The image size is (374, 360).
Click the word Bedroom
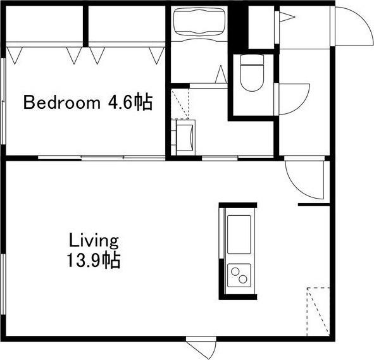pyautogui.click(x=62, y=102)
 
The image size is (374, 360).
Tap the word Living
pyautogui.click(x=94, y=241)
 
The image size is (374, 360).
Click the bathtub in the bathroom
pyautogui.click(x=199, y=22)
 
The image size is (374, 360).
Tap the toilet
pyautogui.click(x=252, y=73)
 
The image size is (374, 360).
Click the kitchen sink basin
pyautogui.click(x=239, y=234)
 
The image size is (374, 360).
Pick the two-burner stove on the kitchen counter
pyautogui.click(x=239, y=275)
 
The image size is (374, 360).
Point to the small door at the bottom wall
pyautogui.click(x=201, y=347)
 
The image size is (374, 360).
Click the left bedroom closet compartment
pyautogui.click(x=44, y=23)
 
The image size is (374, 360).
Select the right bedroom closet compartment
pyautogui.click(x=127, y=23)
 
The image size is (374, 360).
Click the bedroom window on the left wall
pyautogui.click(x=3, y=101)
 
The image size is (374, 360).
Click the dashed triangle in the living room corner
pyautogui.click(x=318, y=312)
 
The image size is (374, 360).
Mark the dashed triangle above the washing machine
pyautogui.click(x=180, y=104)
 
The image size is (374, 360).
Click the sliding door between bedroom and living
pyautogui.click(x=101, y=158)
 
